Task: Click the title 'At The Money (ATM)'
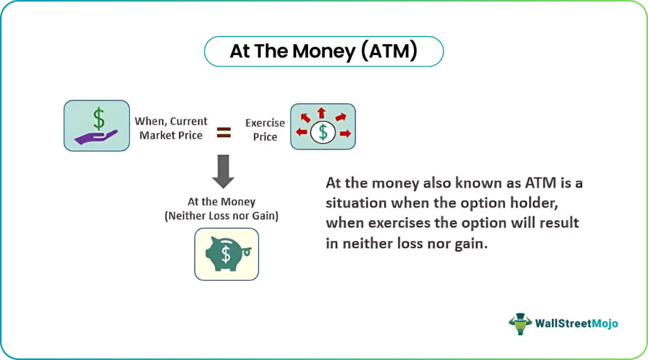point(323,51)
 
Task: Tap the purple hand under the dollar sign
point(96,137)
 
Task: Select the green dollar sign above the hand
point(99,118)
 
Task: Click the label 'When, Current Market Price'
point(171,128)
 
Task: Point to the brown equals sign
point(224,132)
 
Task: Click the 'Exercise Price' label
point(265,130)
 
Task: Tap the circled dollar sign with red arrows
point(323,133)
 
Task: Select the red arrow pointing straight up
point(321,113)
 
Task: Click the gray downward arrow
point(223,171)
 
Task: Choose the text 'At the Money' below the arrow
point(221,202)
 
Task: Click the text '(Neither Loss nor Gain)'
point(221,216)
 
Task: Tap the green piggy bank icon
point(227,254)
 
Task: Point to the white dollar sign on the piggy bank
point(226,254)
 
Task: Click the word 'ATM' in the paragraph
point(540,183)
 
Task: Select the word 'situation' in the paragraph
point(356,203)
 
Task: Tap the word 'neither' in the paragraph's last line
point(368,244)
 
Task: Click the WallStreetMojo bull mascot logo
point(520,324)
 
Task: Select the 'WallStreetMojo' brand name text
point(576,324)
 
